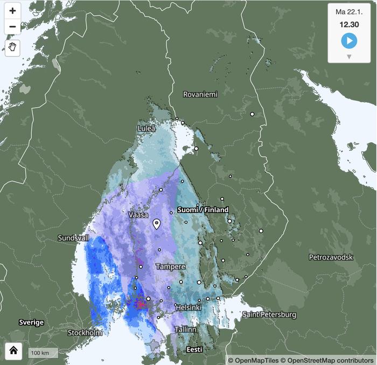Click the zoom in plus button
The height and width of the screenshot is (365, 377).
[x=13, y=11]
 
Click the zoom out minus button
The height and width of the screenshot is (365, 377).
[x=13, y=26]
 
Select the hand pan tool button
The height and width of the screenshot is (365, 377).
[x=13, y=47]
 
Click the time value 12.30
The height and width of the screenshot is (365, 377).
[x=348, y=24]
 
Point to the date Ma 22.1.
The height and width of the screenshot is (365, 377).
[x=348, y=12]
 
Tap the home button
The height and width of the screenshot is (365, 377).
[x=13, y=351]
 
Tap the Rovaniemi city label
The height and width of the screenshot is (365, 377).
[x=200, y=94]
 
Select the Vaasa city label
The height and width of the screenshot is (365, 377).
[x=138, y=214]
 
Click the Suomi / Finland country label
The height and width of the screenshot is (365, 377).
[x=203, y=209]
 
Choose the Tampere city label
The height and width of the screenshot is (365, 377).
[x=170, y=266]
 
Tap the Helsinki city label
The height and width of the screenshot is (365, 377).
[x=188, y=307]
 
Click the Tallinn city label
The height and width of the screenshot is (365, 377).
[x=185, y=329]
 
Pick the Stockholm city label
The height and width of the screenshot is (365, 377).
[x=85, y=333]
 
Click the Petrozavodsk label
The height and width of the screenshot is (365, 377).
[x=331, y=257]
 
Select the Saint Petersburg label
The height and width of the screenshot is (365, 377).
[x=269, y=314]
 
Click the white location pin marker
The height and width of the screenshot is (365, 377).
[x=157, y=224]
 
